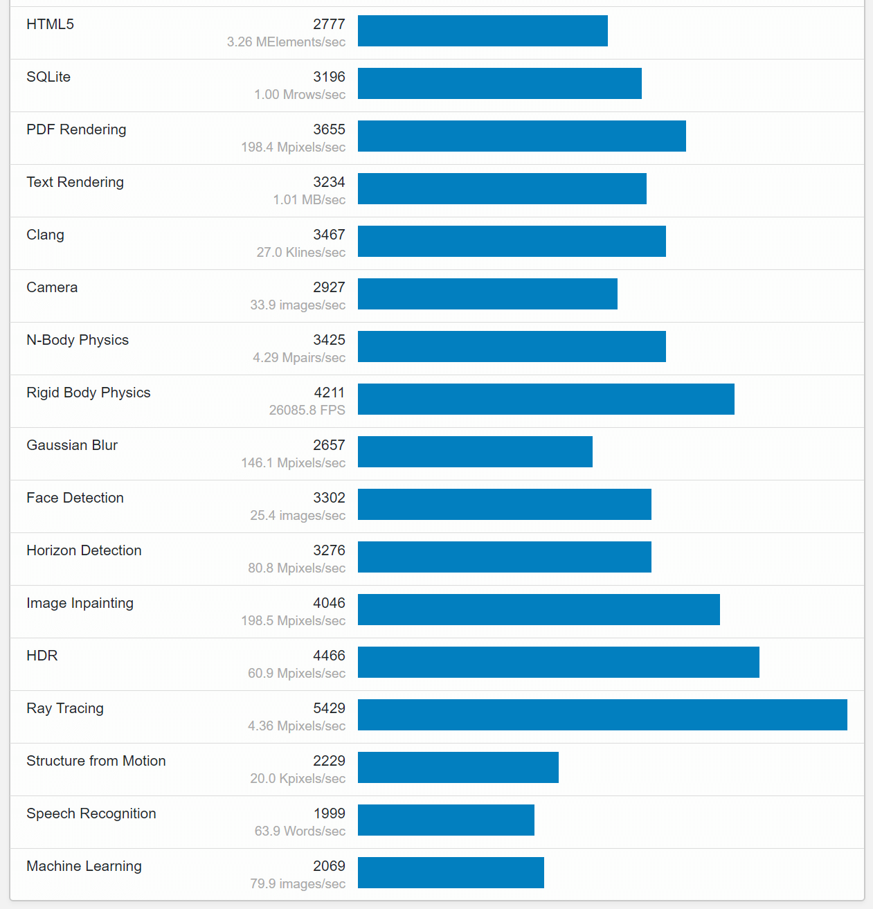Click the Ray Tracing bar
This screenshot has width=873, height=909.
coord(602,714)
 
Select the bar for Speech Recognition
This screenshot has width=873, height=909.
coord(446,820)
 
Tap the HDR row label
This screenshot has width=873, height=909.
coord(42,656)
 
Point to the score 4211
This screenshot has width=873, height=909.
coord(330,393)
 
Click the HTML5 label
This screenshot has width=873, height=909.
coord(50,24)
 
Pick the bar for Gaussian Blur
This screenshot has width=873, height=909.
coord(475,451)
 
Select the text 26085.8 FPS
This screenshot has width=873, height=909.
coord(307,410)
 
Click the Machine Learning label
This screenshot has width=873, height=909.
coord(84,866)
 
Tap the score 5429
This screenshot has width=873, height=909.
coord(329,708)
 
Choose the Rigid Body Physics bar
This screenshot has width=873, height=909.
coord(546,399)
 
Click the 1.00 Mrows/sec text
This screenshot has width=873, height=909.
coord(300,94)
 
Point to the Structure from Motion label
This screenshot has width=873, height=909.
coord(96,761)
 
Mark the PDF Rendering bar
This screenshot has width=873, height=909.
coord(521,136)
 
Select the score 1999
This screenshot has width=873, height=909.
coord(329,813)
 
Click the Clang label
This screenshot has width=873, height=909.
coord(45,235)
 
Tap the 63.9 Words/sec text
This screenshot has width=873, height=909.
coord(300,831)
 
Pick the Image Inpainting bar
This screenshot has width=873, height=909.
coord(539,609)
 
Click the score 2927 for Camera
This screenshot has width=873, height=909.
coord(329,287)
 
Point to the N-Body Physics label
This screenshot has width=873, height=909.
coord(78,340)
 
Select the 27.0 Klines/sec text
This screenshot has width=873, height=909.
coord(300,252)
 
